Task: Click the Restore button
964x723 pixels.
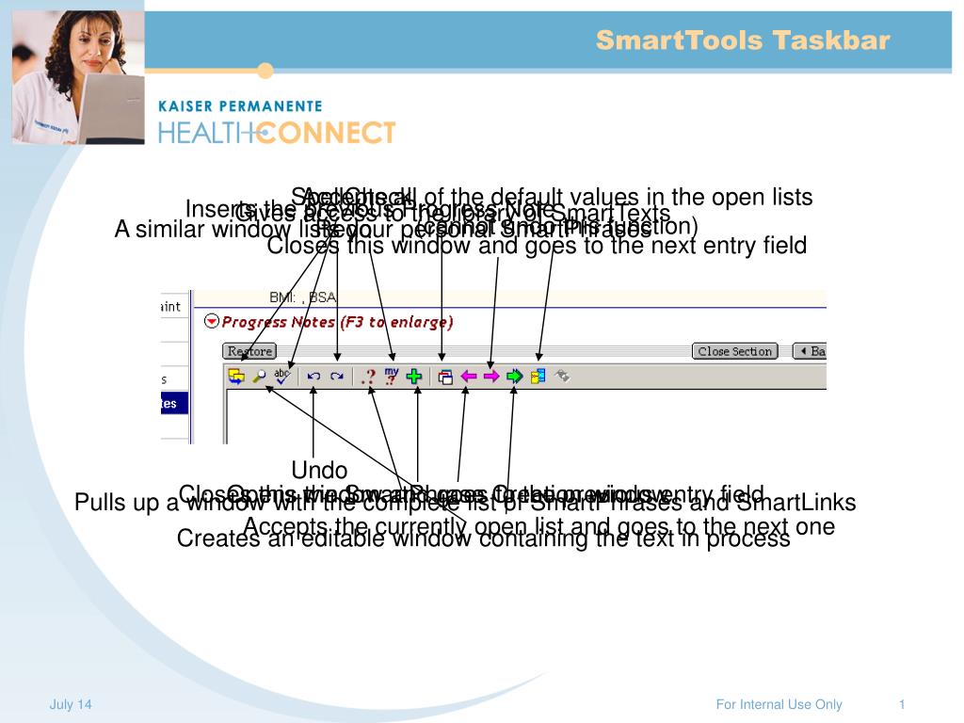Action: [x=249, y=351]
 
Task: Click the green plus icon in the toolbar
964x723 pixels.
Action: [x=414, y=376]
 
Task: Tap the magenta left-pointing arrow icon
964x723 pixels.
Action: [x=468, y=376]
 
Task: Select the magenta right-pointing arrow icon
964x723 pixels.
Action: [x=490, y=376]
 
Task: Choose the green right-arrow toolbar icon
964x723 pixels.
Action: [x=514, y=376]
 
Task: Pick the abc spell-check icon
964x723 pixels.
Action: [x=282, y=376]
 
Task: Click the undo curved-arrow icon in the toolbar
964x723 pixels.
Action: [x=313, y=376]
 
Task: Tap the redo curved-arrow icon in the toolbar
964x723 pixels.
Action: [x=336, y=376]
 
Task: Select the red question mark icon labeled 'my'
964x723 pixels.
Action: [x=392, y=376]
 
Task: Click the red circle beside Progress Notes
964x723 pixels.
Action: [x=212, y=322]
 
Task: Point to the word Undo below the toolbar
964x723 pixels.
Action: [x=319, y=470]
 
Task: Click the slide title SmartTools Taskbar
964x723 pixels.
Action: [x=742, y=40]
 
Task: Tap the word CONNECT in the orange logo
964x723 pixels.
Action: [x=326, y=133]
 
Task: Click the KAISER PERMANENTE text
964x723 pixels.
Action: [x=240, y=106]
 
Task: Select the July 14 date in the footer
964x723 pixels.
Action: [x=71, y=705]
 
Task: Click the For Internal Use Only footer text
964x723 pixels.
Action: [x=779, y=705]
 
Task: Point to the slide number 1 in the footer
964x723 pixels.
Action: [x=902, y=705]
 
